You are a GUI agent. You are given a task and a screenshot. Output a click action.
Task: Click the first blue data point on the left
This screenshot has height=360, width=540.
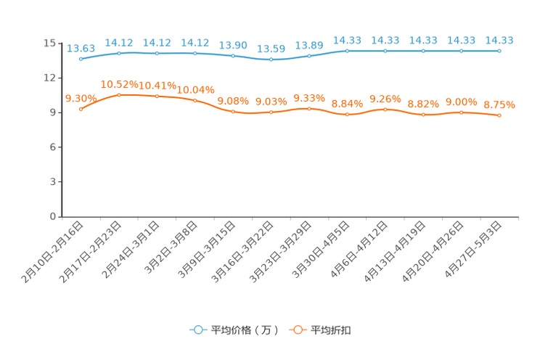click(x=81, y=60)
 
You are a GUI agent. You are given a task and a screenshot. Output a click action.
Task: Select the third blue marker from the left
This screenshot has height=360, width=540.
click(x=157, y=53)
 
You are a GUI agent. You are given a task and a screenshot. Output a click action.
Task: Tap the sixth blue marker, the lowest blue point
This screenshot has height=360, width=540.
click(x=271, y=60)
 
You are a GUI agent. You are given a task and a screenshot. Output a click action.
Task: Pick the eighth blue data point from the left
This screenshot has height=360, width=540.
click(x=348, y=52)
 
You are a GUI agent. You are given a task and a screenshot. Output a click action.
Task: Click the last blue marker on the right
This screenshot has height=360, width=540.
click(x=499, y=52)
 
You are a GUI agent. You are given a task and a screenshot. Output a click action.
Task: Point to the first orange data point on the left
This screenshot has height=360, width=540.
click(x=81, y=110)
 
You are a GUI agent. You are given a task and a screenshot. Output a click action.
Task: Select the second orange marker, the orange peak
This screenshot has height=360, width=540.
click(x=119, y=95)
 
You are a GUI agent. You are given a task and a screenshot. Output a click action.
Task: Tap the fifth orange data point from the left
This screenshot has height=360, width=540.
click(x=233, y=112)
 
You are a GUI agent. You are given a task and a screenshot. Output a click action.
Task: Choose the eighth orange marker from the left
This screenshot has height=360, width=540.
click(x=348, y=115)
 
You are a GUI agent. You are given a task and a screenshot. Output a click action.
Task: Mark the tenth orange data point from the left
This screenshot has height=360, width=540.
click(x=423, y=115)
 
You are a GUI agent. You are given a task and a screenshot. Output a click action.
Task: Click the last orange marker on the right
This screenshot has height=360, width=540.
click(x=499, y=115)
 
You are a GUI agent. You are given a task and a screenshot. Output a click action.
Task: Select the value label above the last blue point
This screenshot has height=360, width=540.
click(x=499, y=41)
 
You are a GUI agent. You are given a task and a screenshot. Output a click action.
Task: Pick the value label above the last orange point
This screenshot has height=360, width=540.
click(x=499, y=105)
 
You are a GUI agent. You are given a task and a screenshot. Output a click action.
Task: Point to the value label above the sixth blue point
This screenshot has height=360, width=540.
click(x=271, y=49)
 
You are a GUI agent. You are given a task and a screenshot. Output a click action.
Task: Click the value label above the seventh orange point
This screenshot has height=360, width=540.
click(x=309, y=98)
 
